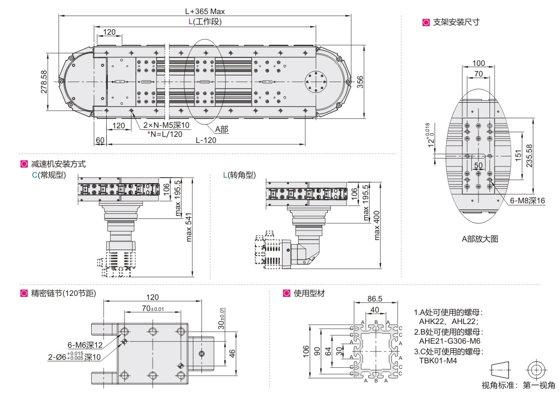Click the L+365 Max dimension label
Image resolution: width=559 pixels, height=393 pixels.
point(204,11)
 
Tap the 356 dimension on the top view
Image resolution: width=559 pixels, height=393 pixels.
point(360,81)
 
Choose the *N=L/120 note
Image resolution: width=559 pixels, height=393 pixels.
point(165,134)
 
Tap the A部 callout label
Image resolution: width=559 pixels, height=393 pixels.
point(222,129)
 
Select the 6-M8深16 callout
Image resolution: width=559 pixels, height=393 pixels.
point(528,200)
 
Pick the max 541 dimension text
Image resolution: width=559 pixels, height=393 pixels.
point(189,226)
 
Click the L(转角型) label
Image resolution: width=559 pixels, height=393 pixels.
point(239,175)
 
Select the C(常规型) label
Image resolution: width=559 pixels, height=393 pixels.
point(49,175)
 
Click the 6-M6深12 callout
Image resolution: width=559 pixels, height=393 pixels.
point(85,345)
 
